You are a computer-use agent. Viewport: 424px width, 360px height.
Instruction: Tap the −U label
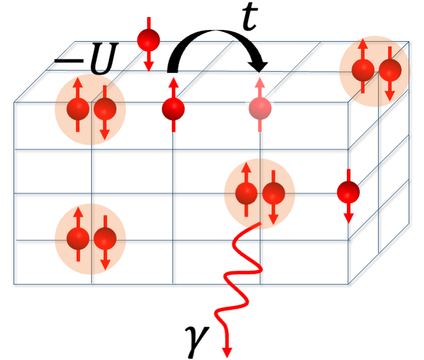(88, 61)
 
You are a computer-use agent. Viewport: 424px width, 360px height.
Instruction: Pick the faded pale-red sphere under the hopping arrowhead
(260, 108)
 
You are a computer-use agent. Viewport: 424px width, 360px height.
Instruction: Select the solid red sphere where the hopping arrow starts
(173, 108)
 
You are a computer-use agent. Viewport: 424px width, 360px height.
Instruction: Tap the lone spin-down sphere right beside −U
(148, 41)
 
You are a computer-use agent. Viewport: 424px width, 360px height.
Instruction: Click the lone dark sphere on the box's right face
(348, 192)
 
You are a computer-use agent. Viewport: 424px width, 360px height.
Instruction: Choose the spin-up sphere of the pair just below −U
(77, 109)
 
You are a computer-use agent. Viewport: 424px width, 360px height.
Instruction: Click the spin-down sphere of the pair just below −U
(105, 109)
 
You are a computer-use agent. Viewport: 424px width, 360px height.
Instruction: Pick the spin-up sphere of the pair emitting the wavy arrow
(247, 192)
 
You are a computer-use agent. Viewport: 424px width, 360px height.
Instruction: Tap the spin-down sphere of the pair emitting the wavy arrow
(273, 192)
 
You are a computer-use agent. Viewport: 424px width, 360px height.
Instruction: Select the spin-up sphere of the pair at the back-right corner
(363, 70)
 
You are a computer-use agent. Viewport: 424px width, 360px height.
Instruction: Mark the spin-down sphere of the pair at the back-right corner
(389, 70)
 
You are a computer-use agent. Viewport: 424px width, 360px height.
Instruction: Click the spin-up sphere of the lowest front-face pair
(77, 238)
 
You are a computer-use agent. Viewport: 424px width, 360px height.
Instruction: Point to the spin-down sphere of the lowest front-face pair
(105, 238)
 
